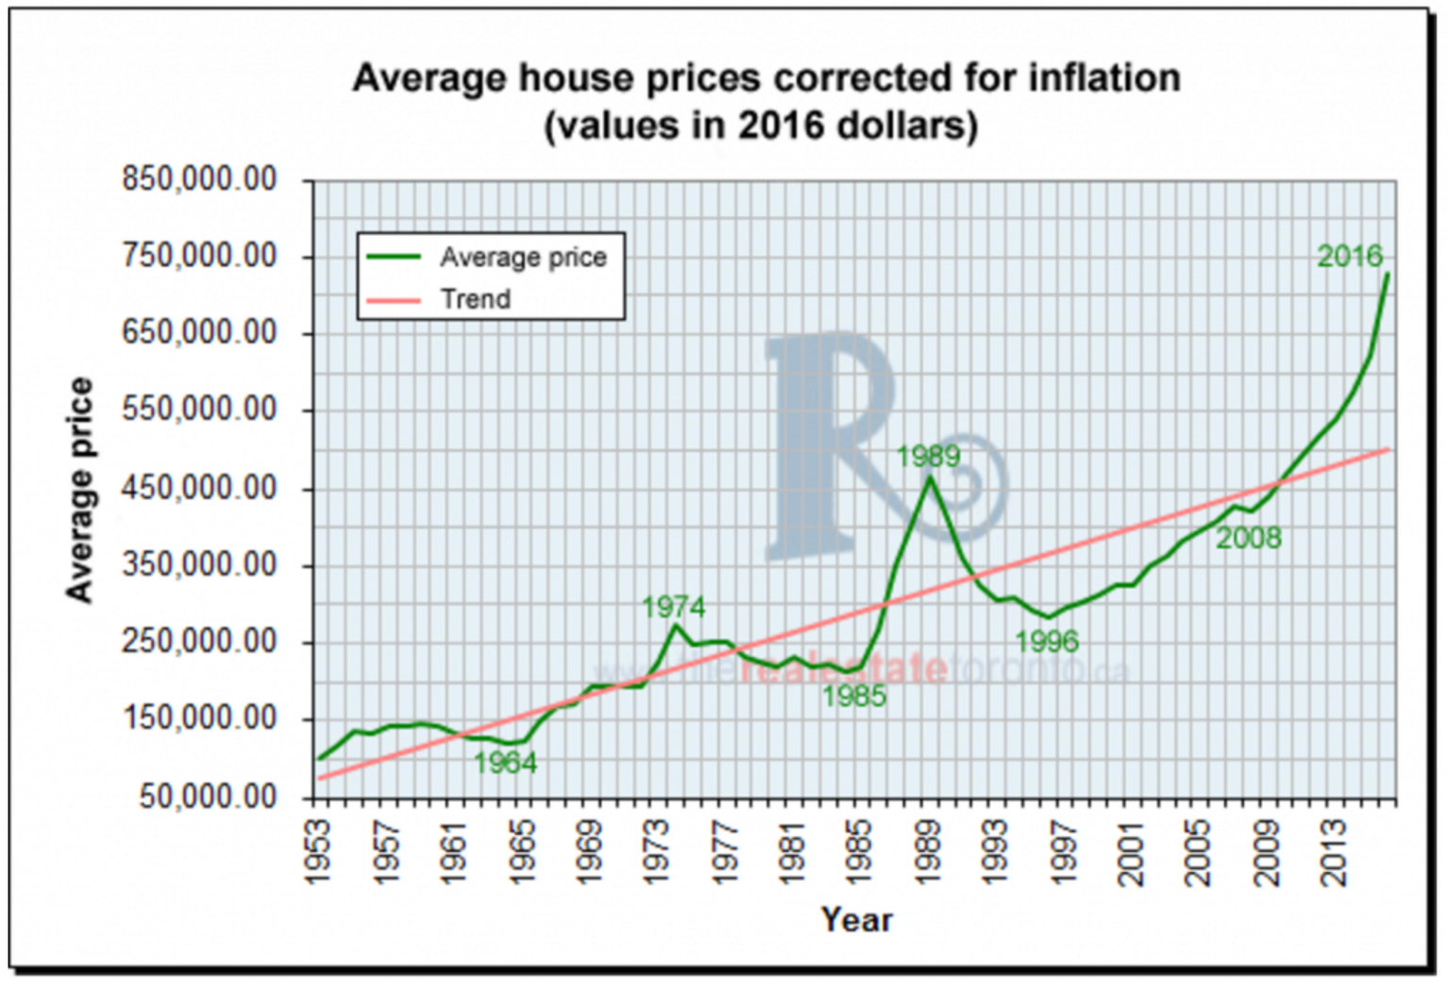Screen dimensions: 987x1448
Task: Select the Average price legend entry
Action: [x=523, y=258]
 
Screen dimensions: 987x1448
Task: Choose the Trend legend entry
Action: [x=475, y=300]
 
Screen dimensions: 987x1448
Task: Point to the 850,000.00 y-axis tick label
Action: [x=200, y=179]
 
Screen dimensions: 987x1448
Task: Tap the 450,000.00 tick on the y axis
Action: [x=200, y=488]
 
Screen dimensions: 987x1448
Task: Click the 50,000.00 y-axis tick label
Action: [x=208, y=796]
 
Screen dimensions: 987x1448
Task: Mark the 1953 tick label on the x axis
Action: [x=319, y=852]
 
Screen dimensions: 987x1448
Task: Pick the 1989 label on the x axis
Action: [x=928, y=852]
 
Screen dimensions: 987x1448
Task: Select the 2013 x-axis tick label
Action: [x=1334, y=852]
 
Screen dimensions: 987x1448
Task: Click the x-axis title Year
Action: [x=856, y=919]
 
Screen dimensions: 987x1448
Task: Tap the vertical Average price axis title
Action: [x=80, y=490]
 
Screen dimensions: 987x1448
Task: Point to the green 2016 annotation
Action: [x=1350, y=256]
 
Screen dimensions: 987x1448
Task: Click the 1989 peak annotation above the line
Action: [x=928, y=457]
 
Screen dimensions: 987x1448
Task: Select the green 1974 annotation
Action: [x=673, y=607]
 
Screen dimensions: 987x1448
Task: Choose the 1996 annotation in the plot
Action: [x=1046, y=643]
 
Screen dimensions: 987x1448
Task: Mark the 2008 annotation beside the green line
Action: [x=1248, y=539]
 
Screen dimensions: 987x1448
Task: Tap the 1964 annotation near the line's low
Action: [x=505, y=762]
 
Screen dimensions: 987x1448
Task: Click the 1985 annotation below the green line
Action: [x=854, y=696]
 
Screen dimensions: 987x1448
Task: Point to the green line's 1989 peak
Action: [x=930, y=477]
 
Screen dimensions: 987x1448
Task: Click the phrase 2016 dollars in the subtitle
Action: [x=856, y=125]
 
